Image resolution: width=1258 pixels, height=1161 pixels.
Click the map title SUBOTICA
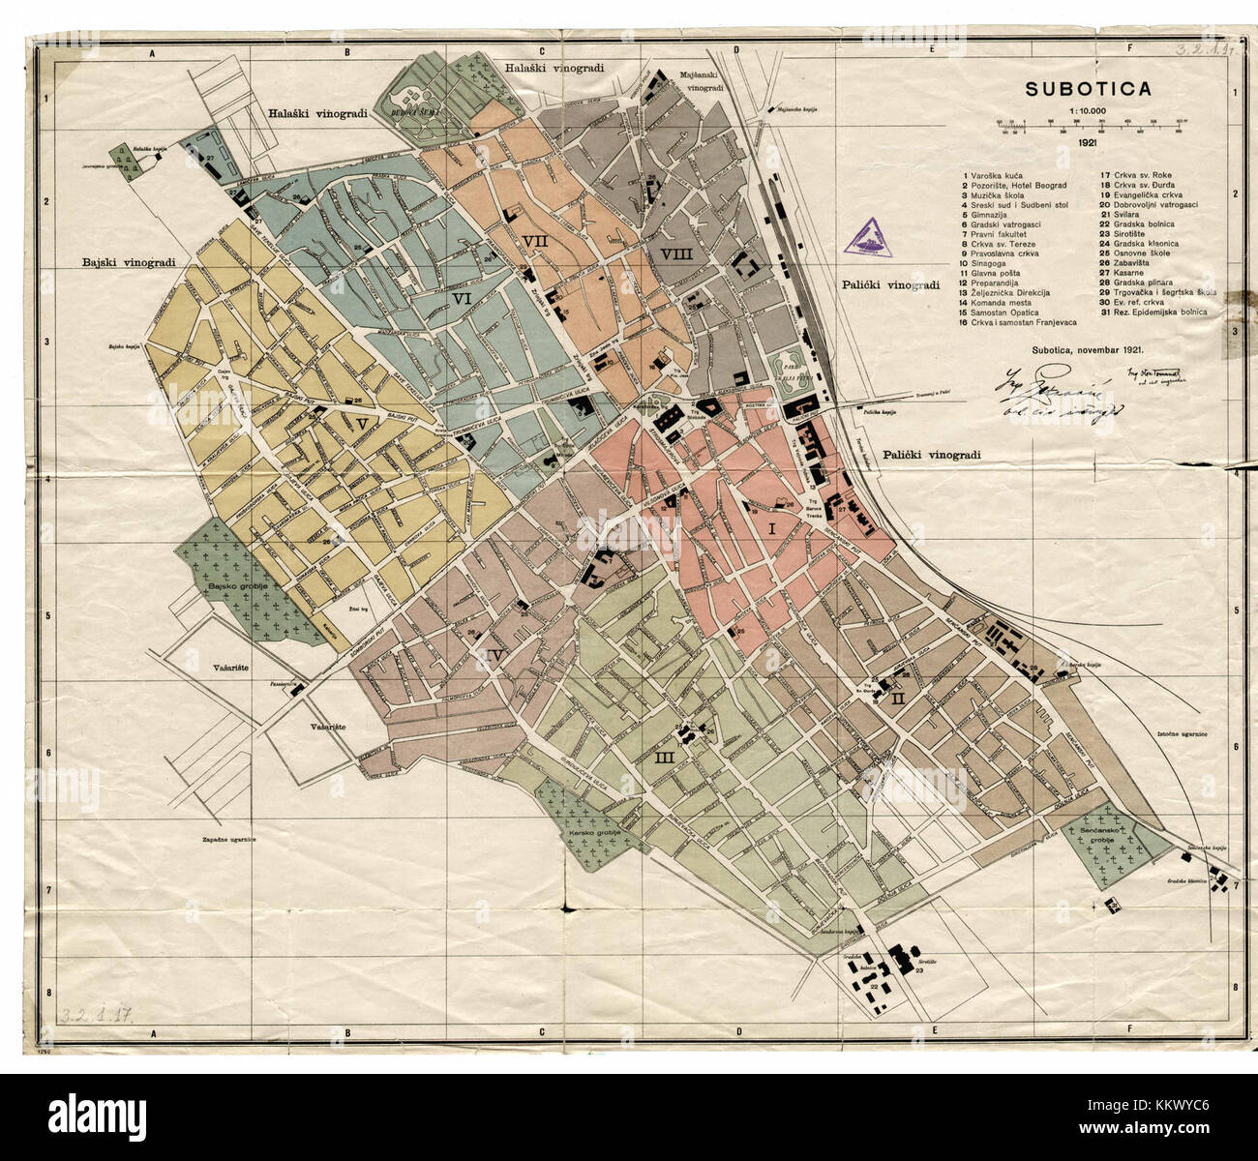(1089, 89)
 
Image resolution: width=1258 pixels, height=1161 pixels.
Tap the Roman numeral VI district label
(462, 300)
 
